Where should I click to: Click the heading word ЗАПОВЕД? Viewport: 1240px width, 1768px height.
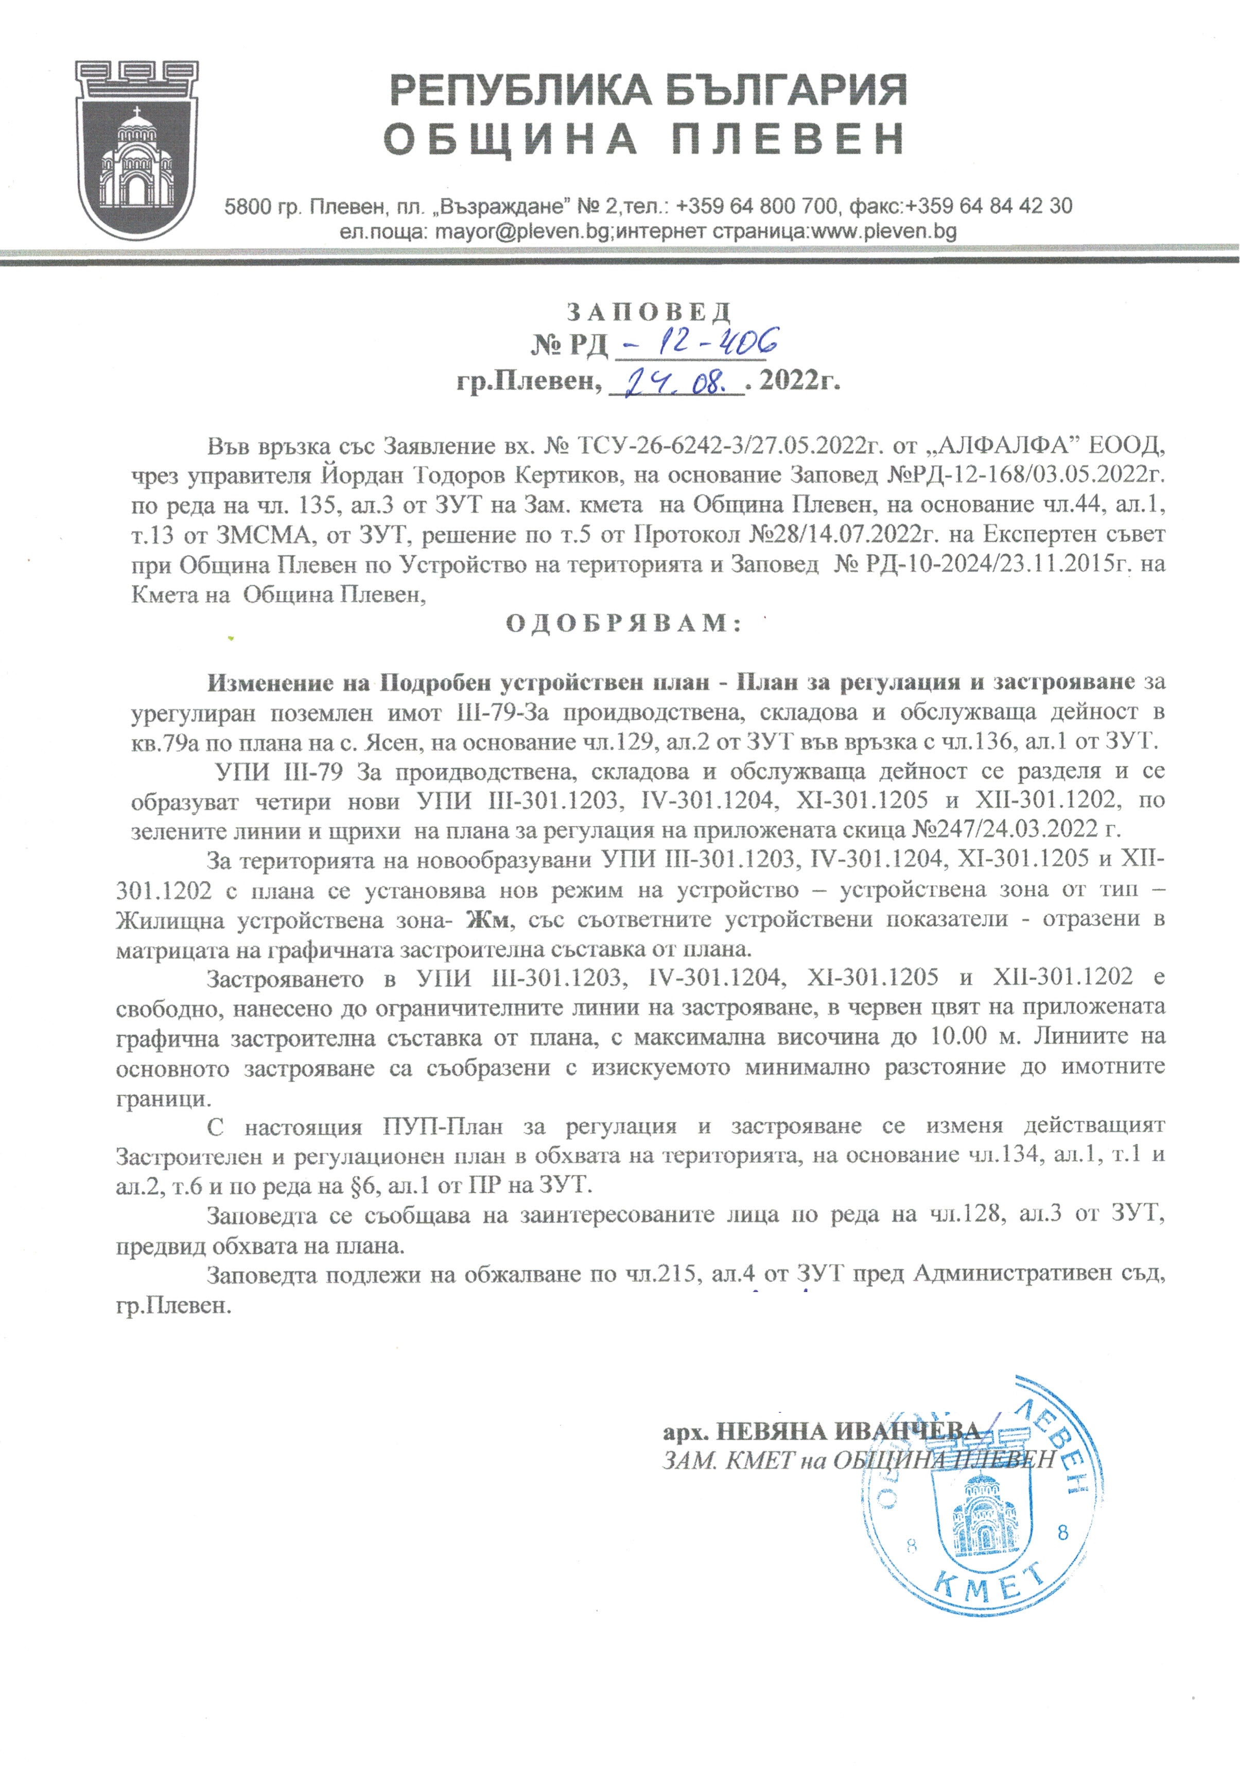(649, 312)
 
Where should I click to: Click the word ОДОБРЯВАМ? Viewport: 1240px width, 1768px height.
(624, 623)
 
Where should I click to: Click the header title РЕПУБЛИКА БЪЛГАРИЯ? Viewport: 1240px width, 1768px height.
(649, 91)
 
